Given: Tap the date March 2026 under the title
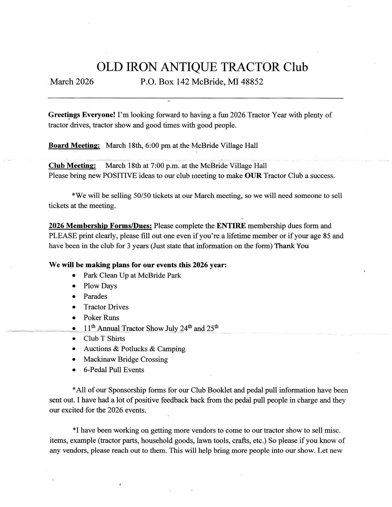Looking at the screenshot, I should [x=72, y=82].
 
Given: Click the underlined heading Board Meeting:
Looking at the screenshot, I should [x=74, y=145].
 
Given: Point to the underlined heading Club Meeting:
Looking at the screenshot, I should [x=72, y=166].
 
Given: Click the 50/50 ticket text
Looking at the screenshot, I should [x=142, y=196].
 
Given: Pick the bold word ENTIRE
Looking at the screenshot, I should [x=231, y=226].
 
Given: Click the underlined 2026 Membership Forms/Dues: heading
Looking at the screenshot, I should [x=100, y=226].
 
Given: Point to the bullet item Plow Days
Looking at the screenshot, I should [x=100, y=286].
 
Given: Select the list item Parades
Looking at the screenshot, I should [x=95, y=296].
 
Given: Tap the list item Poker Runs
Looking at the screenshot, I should [x=101, y=317].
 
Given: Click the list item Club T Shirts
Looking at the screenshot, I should [x=104, y=339].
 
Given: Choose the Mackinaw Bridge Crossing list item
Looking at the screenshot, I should [x=125, y=359].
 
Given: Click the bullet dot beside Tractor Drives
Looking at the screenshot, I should [x=74, y=307].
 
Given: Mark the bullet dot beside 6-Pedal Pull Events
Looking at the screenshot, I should [x=74, y=370].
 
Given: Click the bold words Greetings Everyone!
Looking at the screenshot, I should [x=82, y=115].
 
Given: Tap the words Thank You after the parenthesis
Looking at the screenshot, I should [x=291, y=246].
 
